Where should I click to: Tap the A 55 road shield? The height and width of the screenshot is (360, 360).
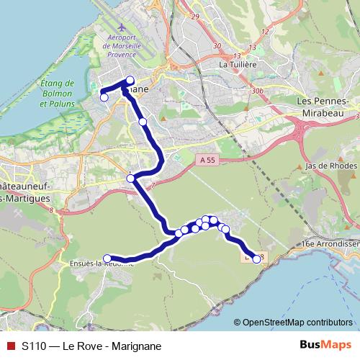pos(205,163)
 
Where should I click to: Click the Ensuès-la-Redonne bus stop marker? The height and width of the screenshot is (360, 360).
pos(107,258)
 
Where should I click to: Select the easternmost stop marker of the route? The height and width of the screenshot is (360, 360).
pos(257,258)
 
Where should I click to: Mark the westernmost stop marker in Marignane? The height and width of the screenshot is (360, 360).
pos(104,97)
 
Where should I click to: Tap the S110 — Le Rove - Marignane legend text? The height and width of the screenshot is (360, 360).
pos(91,346)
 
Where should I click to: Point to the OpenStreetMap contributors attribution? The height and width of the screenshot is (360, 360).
pos(297,322)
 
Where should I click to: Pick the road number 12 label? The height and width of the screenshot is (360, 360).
pos(266,31)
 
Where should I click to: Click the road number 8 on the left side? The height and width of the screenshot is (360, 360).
pos(52,210)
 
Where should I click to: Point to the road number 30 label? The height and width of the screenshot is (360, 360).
pos(217,46)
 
